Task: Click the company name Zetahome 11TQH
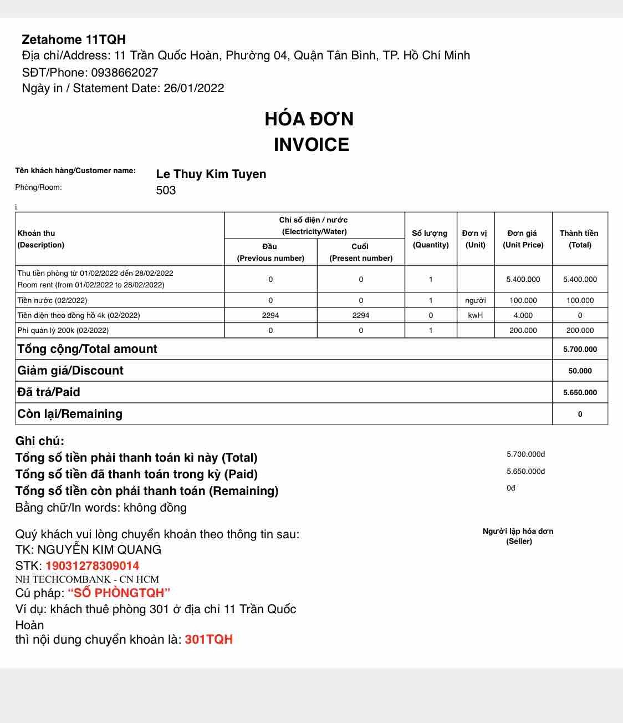(74, 39)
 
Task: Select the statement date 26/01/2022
(193, 88)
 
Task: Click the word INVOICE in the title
(311, 144)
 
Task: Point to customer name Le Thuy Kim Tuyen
(211, 174)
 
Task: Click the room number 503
(166, 190)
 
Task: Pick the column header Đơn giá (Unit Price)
(523, 239)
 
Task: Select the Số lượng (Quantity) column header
(430, 239)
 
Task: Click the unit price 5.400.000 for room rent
(523, 279)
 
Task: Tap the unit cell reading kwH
(475, 315)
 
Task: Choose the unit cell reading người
(475, 300)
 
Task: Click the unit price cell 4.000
(523, 315)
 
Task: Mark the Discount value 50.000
(580, 371)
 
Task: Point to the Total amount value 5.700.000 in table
(580, 349)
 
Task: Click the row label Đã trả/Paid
(49, 392)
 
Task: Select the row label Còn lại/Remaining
(70, 414)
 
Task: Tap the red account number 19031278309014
(92, 566)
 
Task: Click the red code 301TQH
(208, 639)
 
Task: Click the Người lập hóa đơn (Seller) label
(518, 536)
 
